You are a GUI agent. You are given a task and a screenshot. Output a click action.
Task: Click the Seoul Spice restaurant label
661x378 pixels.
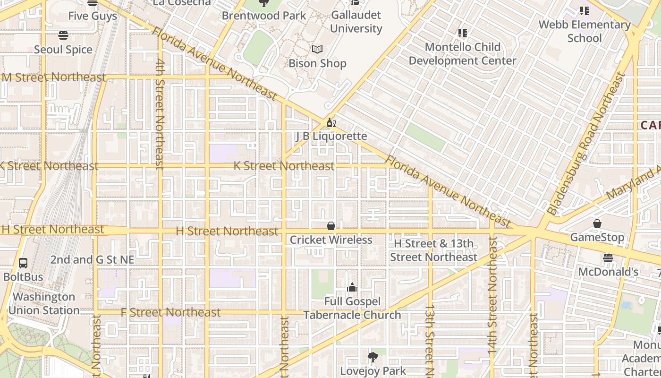tap(63, 50)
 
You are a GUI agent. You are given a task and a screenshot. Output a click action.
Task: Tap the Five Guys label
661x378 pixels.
tap(93, 16)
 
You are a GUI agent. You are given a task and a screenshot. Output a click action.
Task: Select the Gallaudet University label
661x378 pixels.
tap(356, 22)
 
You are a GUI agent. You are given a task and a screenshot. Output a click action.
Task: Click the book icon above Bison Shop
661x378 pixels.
tap(317, 50)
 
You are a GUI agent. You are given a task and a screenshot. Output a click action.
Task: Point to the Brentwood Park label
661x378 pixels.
tap(264, 16)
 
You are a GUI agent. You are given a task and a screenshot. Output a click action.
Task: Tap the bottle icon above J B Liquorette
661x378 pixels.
tap(331, 123)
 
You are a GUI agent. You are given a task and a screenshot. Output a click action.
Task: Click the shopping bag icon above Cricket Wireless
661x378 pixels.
tap(331, 226)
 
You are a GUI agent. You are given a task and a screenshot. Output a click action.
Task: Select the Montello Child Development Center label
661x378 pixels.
tap(462, 54)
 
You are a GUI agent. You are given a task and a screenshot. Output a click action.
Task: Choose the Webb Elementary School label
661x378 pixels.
tap(585, 31)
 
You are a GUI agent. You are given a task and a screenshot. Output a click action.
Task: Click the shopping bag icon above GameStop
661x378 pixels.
tap(597, 223)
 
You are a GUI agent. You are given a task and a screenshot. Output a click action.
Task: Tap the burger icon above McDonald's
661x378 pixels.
tap(608, 258)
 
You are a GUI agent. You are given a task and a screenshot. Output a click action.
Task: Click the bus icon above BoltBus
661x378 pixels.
tap(23, 263)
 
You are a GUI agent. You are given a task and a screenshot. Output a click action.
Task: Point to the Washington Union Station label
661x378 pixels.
tap(44, 304)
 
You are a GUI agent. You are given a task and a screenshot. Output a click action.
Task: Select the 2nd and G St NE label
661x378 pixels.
tap(92, 260)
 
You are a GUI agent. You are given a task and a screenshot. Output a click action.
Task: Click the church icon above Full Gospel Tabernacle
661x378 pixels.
tap(352, 287)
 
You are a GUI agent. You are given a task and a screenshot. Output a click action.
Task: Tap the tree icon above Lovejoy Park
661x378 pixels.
tap(373, 357)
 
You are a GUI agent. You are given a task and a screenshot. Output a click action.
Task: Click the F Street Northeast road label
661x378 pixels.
tap(170, 312)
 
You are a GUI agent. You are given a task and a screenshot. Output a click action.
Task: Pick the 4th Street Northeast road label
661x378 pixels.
tap(160, 113)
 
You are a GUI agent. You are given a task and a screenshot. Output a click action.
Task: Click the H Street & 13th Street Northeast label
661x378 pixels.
tap(433, 250)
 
